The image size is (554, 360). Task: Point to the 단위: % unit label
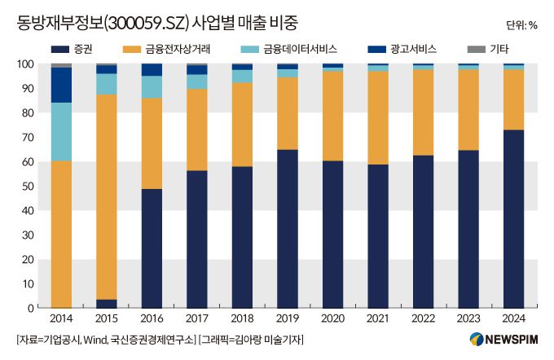coord(521,24)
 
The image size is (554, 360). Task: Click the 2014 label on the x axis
coord(61,318)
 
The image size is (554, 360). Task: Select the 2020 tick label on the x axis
coord(332,318)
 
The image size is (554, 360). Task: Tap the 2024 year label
coord(513,318)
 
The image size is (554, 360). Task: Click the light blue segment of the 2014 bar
coord(61,131)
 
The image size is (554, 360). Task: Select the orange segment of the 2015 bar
coord(107,196)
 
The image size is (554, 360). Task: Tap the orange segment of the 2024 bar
coord(513,99)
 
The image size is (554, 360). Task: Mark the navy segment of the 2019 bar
coord(288,229)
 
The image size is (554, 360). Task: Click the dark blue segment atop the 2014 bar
coord(61,85)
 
